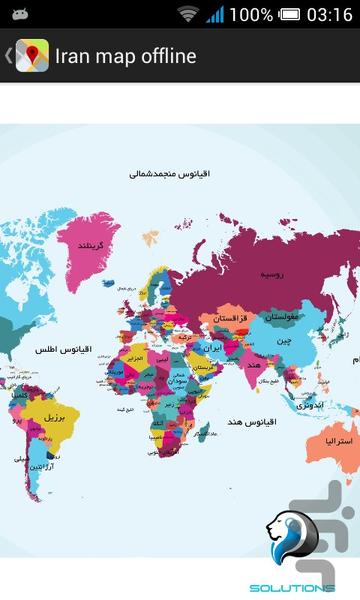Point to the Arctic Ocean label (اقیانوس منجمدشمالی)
click(162, 174)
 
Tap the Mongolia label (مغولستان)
click(283, 318)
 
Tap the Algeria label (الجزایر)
click(139, 356)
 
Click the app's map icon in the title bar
click(32, 55)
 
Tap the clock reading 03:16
click(330, 15)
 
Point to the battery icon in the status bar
click(290, 15)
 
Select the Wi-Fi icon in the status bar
click(187, 15)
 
